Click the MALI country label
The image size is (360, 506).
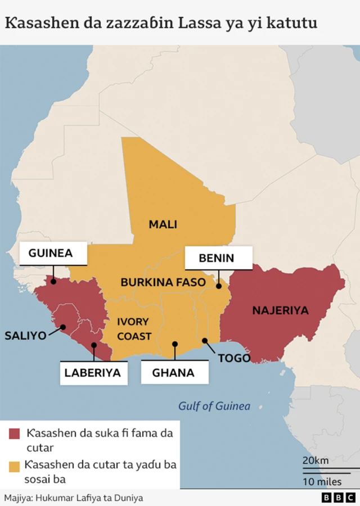(163, 224)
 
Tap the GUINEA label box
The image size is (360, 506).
(53, 253)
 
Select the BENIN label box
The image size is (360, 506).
(217, 258)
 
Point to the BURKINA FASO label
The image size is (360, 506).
(163, 282)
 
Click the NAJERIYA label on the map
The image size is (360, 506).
(280, 310)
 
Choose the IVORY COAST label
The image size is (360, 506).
(133, 329)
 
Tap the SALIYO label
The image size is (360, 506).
(25, 336)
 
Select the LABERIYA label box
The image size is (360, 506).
(92, 372)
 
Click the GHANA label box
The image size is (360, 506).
(173, 372)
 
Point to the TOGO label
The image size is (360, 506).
(233, 358)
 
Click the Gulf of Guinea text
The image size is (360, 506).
(214, 406)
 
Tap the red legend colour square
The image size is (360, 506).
(15, 434)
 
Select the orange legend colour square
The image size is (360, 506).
(15, 466)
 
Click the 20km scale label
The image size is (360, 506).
(315, 460)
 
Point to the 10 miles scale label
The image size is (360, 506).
(322, 481)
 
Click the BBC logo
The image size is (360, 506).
(339, 498)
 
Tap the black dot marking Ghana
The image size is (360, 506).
(175, 344)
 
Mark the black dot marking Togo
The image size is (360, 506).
(205, 340)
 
